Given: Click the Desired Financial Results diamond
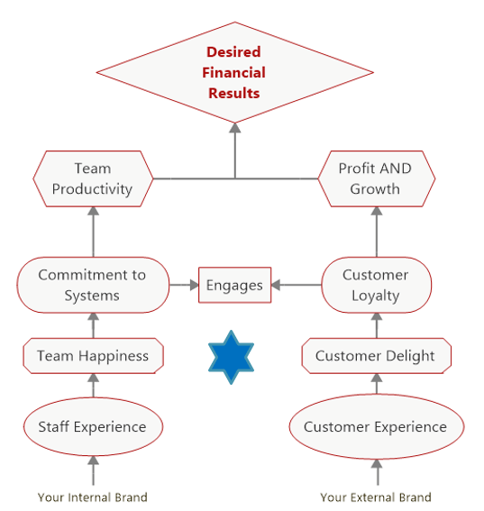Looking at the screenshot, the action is pyautogui.click(x=234, y=72).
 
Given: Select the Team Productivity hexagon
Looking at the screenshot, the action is pyautogui.click(x=93, y=178).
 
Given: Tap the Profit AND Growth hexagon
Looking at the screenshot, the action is pyautogui.click(x=377, y=178).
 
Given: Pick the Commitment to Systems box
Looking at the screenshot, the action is pyautogui.click(x=93, y=285).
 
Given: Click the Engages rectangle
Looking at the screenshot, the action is pyautogui.click(x=234, y=285).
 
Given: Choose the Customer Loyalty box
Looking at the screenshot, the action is pyautogui.click(x=377, y=285).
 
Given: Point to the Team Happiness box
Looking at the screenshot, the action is pyautogui.click(x=93, y=356).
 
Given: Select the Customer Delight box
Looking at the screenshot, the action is pyautogui.click(x=377, y=356).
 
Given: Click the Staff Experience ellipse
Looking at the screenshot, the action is pyautogui.click(x=93, y=426).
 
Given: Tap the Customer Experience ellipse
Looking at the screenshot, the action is pyautogui.click(x=377, y=426).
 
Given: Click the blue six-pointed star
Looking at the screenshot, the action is pyautogui.click(x=231, y=357).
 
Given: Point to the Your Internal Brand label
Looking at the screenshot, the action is pyautogui.click(x=93, y=497).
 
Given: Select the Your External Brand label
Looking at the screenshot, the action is pyautogui.click(x=376, y=497).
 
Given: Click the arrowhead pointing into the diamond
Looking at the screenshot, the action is pyautogui.click(x=234, y=128).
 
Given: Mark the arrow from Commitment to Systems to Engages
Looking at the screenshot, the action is pyautogui.click(x=184, y=285).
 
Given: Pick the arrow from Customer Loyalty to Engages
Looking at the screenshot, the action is pyautogui.click(x=297, y=285).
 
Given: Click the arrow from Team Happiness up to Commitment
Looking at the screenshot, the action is pyautogui.click(x=93, y=325).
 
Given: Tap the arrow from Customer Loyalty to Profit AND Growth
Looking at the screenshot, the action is pyautogui.click(x=377, y=232).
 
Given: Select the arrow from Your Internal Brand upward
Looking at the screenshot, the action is pyautogui.click(x=93, y=470).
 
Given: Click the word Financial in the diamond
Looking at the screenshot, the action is pyautogui.click(x=234, y=72).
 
